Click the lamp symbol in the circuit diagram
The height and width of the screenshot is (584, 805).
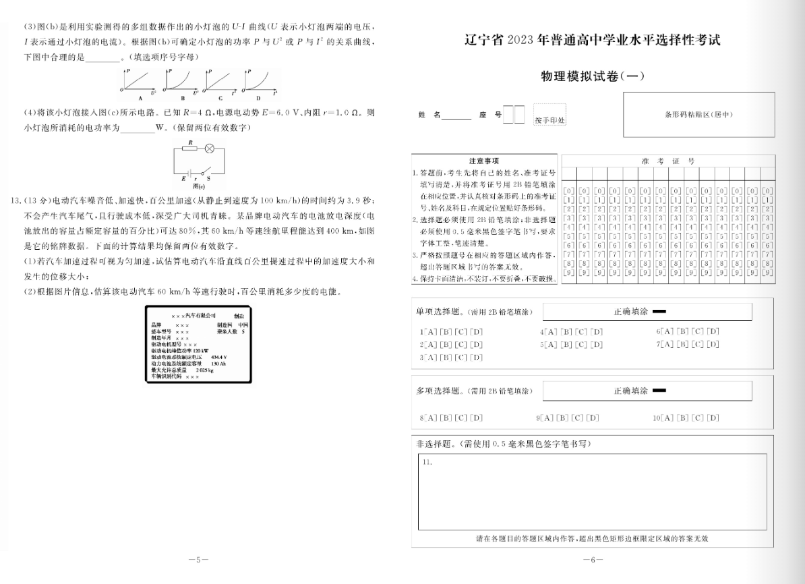coord(209,148)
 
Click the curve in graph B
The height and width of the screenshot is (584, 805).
coord(179,81)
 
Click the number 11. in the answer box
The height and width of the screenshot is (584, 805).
coord(427,462)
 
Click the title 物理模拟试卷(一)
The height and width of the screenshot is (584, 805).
coord(593,76)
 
